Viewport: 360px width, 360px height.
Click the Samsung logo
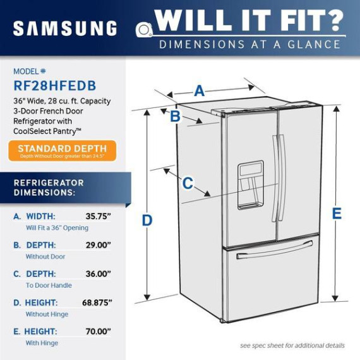click(65, 28)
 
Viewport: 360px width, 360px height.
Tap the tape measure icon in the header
click(144, 30)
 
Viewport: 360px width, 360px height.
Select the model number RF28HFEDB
click(55, 86)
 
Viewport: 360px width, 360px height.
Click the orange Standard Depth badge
click(63, 150)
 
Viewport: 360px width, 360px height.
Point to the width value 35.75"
click(99, 216)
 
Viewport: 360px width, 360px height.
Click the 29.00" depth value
click(99, 245)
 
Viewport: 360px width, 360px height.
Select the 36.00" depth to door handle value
click(99, 273)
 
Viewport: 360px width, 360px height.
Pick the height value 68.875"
click(97, 303)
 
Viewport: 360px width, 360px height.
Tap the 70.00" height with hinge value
click(99, 332)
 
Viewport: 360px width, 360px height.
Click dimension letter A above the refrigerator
click(200, 91)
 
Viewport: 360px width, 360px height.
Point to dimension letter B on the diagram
click(175, 116)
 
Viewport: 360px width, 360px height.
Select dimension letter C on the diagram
click(188, 183)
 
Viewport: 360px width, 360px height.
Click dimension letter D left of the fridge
click(147, 220)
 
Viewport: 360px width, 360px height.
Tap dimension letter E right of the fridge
click(337, 213)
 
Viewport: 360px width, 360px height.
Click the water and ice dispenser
click(250, 185)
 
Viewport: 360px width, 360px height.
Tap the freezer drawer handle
click(275, 249)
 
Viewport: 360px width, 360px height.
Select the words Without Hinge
click(47, 314)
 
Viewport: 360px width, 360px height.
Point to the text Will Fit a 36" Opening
click(57, 228)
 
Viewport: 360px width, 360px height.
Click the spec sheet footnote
click(292, 345)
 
